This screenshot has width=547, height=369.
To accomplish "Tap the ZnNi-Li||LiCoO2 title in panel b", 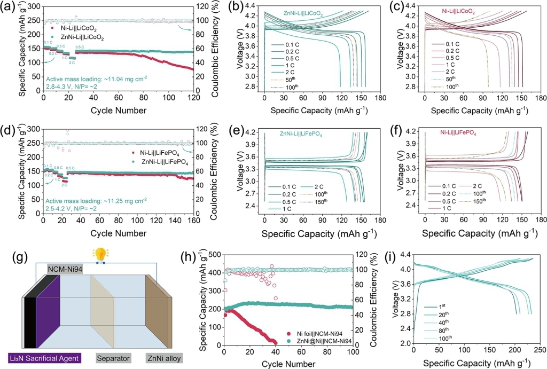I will [304, 14].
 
